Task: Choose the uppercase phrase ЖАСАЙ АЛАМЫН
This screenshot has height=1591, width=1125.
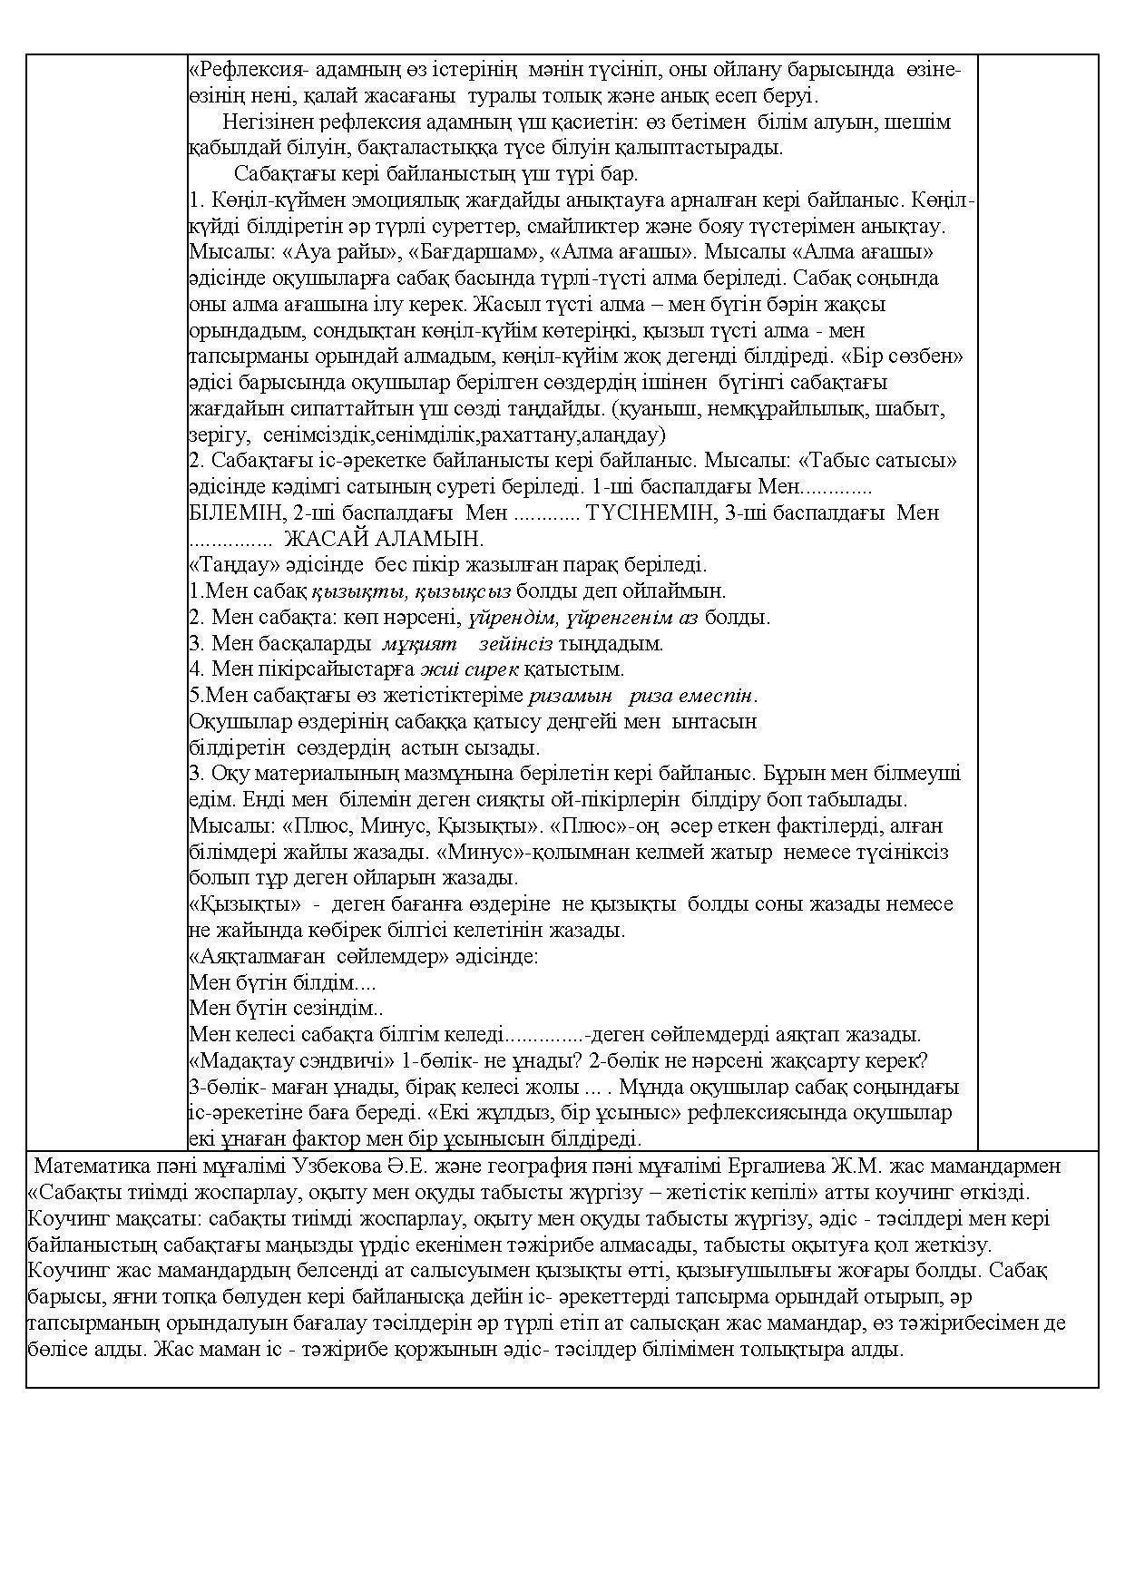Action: pyautogui.click(x=384, y=539)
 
